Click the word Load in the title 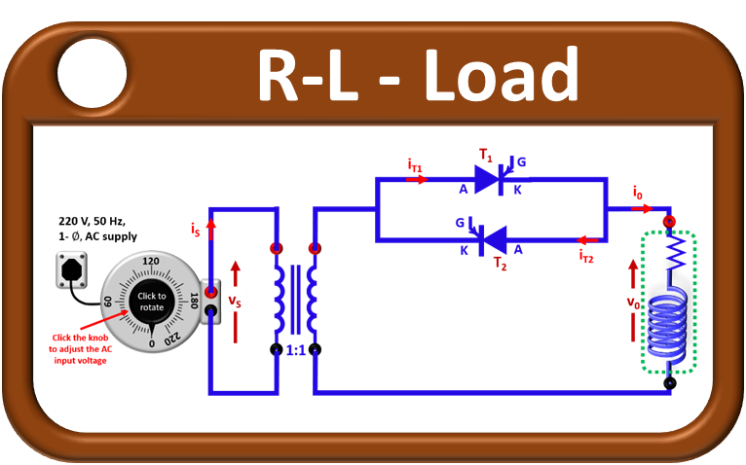pos(501,74)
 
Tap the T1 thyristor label pos(486,155)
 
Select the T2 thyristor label pos(500,263)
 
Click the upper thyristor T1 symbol pos(488,179)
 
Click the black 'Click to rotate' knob pos(151,302)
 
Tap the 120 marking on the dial pos(151,262)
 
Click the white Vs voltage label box pos(235,300)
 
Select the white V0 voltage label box pos(633,301)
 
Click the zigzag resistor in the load pos(670,256)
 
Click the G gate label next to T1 pos(521,161)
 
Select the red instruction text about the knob pos(79,348)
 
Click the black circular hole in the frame pos(92,72)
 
